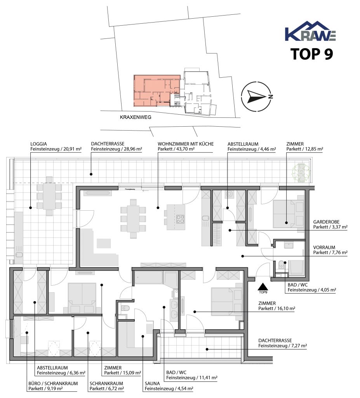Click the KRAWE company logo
[311, 31]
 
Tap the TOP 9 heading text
[311, 54]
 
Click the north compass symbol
[257, 97]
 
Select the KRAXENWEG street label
[136, 117]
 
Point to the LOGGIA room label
[38, 144]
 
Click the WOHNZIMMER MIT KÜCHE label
[186, 144]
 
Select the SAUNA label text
[152, 384]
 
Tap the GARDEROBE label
[326, 222]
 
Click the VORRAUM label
[324, 247]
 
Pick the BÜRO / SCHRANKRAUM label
[53, 384]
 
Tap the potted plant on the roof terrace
[301, 173]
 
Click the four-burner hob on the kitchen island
[180, 219]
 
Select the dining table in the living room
[133, 219]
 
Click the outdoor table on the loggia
[49, 196]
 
